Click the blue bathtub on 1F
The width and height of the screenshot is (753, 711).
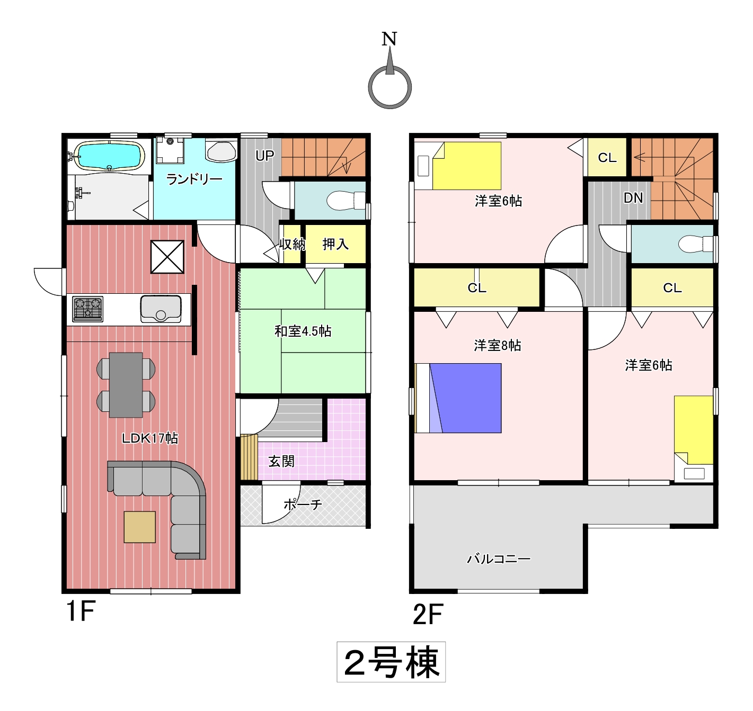pos(110,155)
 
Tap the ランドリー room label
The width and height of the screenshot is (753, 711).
pos(194,179)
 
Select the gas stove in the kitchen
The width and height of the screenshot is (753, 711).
pos(88,309)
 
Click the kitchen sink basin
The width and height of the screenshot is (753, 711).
pos(161,309)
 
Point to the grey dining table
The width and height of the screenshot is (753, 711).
pos(126,384)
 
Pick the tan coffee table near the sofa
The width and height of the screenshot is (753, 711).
pos(140,527)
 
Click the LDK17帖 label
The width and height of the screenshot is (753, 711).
pos(150,438)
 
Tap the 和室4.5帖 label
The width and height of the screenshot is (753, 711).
pos(303,331)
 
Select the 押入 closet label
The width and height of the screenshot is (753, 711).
pos(335,244)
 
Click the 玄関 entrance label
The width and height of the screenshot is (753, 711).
pos(281,461)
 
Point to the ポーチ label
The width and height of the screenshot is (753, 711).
pos(303,505)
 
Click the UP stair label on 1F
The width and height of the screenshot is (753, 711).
pos(264,156)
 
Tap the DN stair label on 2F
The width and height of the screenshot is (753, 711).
pos(633,198)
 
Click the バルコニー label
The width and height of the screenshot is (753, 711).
pos(499,559)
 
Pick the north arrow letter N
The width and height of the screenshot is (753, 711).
pos(389,39)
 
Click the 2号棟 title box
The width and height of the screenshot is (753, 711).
pos(391,662)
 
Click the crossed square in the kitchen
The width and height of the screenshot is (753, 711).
pos(167,257)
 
